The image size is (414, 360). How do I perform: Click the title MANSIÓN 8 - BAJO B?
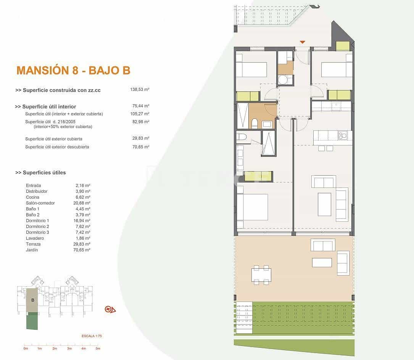click(x=73, y=70)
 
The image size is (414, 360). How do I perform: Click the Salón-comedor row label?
click(x=40, y=203)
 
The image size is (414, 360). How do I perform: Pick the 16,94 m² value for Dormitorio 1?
click(x=82, y=221)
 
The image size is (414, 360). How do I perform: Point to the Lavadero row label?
click(x=34, y=238)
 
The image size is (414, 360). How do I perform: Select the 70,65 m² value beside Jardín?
click(x=82, y=250)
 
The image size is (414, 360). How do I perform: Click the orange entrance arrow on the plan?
click(x=302, y=42)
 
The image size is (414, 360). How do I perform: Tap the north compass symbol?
click(x=110, y=309)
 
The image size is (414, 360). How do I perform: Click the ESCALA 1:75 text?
click(x=92, y=336)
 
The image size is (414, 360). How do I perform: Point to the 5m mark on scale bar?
click(x=98, y=349)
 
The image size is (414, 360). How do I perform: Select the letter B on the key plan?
click(x=33, y=300)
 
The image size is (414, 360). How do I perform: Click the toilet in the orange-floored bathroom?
click(x=255, y=123)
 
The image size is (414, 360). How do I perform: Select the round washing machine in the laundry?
click(x=283, y=79)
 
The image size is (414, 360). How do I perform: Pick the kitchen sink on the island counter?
click(x=342, y=134)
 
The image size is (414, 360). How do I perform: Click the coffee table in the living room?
click(x=324, y=204)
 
